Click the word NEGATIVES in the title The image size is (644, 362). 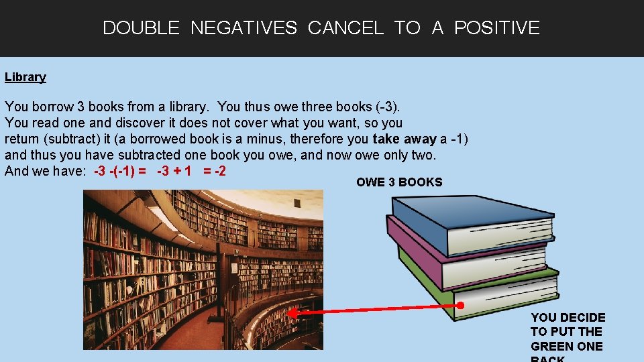click(244, 28)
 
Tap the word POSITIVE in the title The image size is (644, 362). click(496, 28)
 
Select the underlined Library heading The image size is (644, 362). click(25, 77)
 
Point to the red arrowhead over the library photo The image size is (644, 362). click(292, 312)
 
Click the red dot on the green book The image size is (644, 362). click(460, 305)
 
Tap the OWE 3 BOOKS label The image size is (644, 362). click(399, 182)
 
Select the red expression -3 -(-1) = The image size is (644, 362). click(121, 171)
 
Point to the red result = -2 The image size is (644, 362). click(214, 171)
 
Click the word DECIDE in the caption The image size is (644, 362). click(582, 318)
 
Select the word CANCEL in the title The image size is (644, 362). click(345, 28)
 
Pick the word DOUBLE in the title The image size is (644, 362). click(141, 28)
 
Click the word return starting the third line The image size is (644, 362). click(23, 139)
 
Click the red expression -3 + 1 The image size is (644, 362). click(174, 171)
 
